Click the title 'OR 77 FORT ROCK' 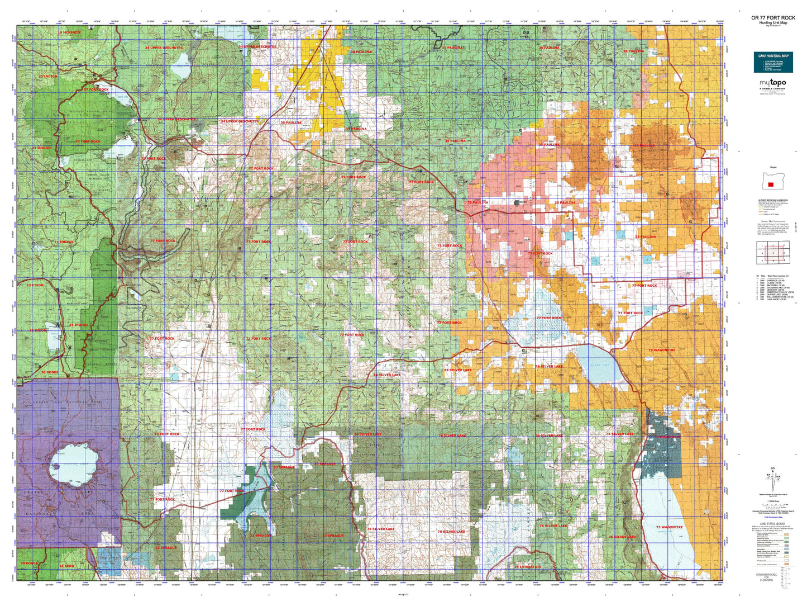click(773, 18)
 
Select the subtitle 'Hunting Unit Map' click(773, 22)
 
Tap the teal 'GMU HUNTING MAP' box click(773, 62)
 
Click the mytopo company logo click(772, 83)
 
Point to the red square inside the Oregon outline click(771, 184)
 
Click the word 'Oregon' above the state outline click(773, 167)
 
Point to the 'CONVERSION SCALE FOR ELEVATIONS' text click(766, 577)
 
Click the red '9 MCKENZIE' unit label click(70, 33)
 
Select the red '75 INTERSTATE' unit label click(527, 567)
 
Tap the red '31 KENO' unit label click(66, 566)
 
